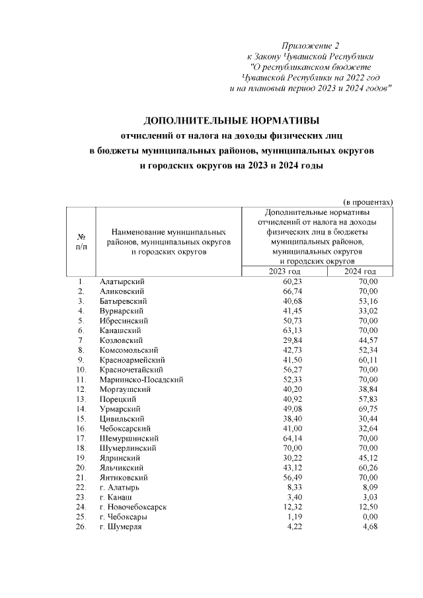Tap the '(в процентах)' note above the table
click(x=368, y=201)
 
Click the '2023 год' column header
click(x=284, y=272)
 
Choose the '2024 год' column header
click(x=360, y=272)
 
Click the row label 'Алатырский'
click(x=122, y=281)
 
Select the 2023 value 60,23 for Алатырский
click(x=291, y=281)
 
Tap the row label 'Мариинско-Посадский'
click(x=141, y=379)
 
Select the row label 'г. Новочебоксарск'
click(x=133, y=507)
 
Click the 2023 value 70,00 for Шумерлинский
click(x=291, y=448)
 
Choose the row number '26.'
click(x=81, y=527)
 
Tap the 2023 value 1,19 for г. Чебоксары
click(x=294, y=516)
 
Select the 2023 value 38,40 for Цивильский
click(x=291, y=419)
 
